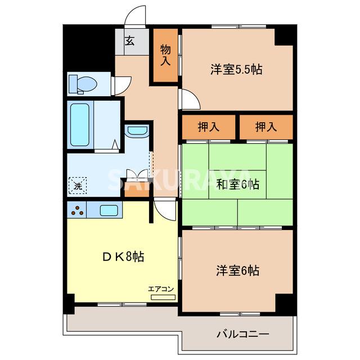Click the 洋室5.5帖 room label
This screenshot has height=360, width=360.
pos(237,70)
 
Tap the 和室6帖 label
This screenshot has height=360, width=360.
pos(237,184)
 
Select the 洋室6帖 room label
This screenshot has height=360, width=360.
pos(237,271)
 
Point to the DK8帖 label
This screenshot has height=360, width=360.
pos(123,257)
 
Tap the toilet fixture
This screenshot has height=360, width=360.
pos(83,84)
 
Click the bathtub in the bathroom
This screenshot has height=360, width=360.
pos(80,124)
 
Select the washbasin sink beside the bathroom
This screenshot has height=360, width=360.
pos(137,132)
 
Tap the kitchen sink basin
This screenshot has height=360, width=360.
pos(109,211)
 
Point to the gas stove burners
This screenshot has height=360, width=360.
pos(78,211)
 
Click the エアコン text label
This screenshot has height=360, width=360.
pos(161,289)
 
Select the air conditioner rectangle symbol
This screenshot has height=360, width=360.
pos(163,296)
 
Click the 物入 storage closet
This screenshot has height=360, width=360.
pos(165,56)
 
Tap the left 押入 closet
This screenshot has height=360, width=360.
pos(208,127)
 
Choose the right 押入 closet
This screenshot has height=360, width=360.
pos(266,127)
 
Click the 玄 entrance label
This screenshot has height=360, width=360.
pos(129,40)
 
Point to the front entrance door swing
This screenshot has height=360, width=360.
pos(135,16)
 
